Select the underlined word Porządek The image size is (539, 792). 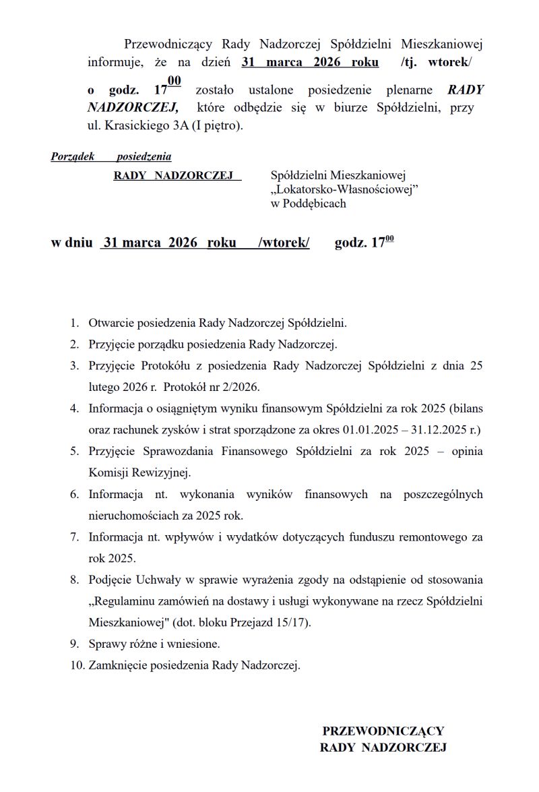pos(73,157)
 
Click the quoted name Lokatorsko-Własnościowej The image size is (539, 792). pos(344,189)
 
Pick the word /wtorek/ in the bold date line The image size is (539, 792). pos(284,243)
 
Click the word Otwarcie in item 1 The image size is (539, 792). pos(111,323)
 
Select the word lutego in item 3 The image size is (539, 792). pos(104,388)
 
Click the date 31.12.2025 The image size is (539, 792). pos(437,429)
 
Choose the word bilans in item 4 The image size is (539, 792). pos(466,408)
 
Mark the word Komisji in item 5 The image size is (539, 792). pos(108,473)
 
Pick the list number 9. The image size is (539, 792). pos(75,644)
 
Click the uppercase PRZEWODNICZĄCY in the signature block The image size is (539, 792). pos(383,731)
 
